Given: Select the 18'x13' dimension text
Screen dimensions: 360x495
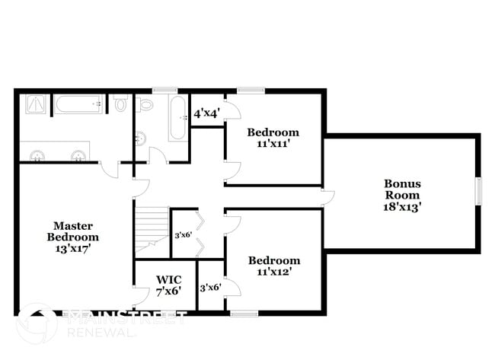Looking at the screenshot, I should tap(402, 205).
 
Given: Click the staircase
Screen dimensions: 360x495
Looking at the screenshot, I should tap(152, 226).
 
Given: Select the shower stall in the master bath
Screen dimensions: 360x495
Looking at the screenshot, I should tap(35, 104).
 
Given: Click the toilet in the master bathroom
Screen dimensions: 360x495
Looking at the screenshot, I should tap(120, 104).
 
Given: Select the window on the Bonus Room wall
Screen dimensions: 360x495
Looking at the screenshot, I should tap(479, 191).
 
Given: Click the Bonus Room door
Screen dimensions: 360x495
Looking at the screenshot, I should tap(327, 197).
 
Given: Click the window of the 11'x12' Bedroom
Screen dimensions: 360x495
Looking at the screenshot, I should tap(244, 313).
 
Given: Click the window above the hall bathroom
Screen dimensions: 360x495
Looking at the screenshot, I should tap(163, 91).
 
